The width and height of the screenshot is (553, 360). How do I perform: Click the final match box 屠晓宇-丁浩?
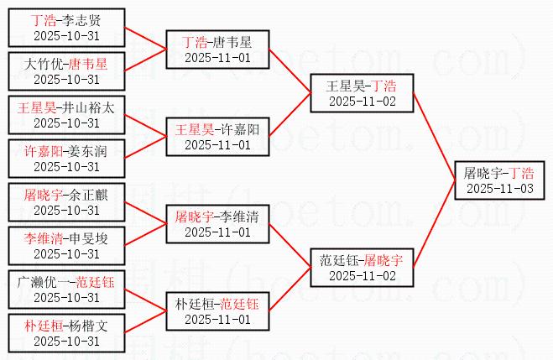(x=498, y=180)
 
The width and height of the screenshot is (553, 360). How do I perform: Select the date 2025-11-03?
(x=498, y=189)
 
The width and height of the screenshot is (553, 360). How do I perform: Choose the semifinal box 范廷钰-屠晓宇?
(x=362, y=268)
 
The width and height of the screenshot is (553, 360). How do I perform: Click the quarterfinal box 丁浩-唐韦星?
(x=217, y=50)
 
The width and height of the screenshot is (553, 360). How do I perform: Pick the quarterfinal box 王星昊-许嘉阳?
(x=217, y=137)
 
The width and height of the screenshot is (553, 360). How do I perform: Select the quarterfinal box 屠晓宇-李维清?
(x=217, y=224)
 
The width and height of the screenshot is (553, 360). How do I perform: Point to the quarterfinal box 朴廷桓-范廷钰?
(x=217, y=311)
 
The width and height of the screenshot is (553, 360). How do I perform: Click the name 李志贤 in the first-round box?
(x=84, y=19)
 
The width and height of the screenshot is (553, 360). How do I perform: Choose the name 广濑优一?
(x=44, y=281)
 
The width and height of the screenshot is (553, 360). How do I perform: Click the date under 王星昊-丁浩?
(x=362, y=102)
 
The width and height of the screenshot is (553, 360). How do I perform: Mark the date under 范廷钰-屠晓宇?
(x=362, y=276)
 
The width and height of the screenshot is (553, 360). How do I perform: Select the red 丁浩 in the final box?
(x=520, y=174)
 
